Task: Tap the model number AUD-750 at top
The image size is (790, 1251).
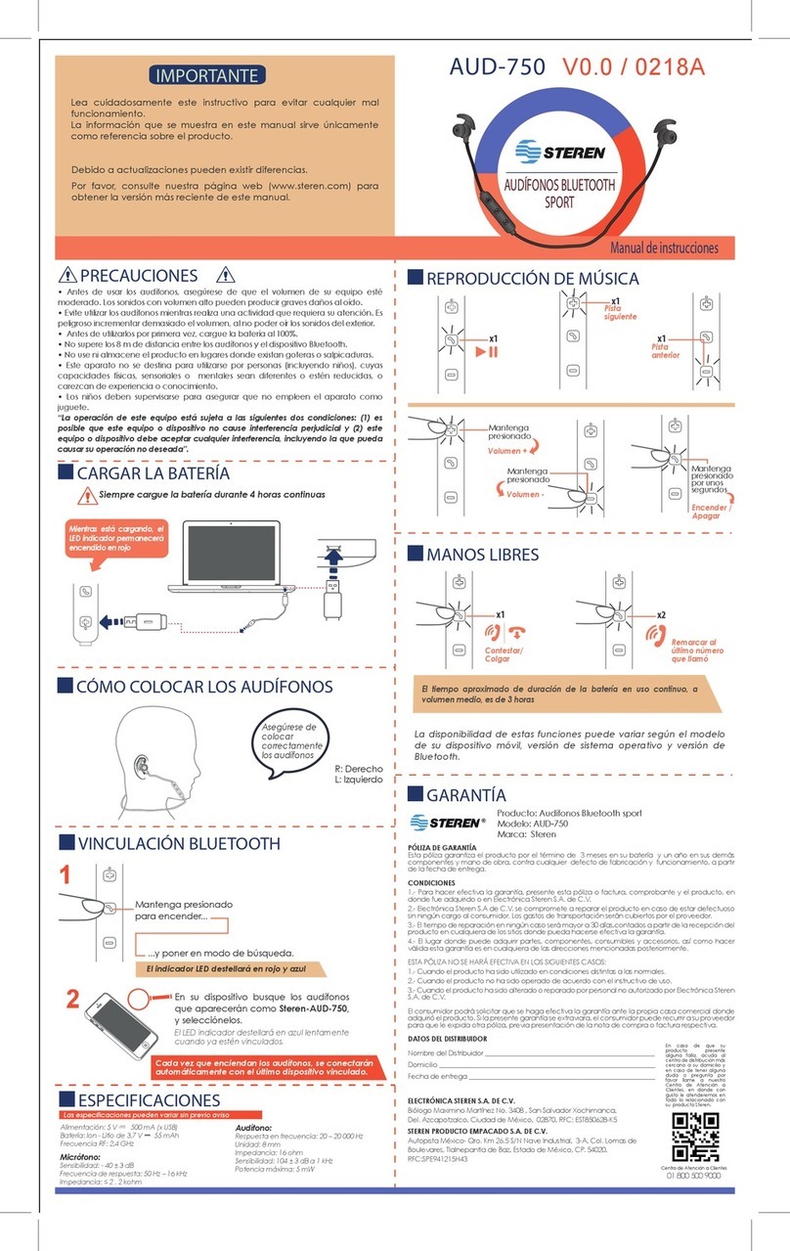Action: point(498,66)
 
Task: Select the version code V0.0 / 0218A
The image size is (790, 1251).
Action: point(633,66)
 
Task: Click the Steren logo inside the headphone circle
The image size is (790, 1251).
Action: point(560,153)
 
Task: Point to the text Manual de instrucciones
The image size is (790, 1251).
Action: point(664,248)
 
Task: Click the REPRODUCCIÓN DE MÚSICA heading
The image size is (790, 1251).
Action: point(532,279)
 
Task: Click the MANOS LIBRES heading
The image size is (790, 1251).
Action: point(482,555)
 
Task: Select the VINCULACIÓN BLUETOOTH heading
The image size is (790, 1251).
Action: point(178,843)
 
